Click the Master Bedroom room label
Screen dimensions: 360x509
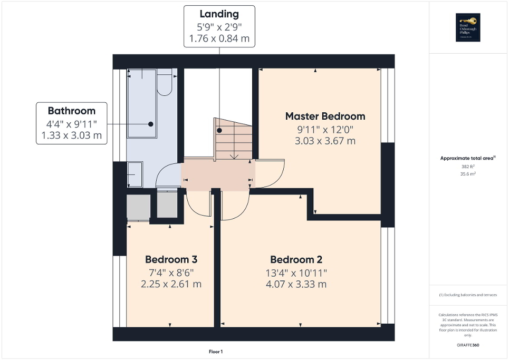(x=325, y=116)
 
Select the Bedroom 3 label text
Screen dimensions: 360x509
(x=171, y=259)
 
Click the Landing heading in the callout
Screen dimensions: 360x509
(x=219, y=14)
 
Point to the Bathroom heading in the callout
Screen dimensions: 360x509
(x=71, y=111)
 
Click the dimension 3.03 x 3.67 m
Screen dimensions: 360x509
(x=325, y=141)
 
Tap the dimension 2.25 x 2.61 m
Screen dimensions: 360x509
(x=171, y=284)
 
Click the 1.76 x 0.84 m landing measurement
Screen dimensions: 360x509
(x=219, y=38)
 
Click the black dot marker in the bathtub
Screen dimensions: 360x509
(x=151, y=124)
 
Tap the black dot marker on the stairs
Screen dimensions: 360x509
(x=219, y=130)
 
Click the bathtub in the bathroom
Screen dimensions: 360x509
(x=142, y=103)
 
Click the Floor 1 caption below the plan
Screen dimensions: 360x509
(x=216, y=351)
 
